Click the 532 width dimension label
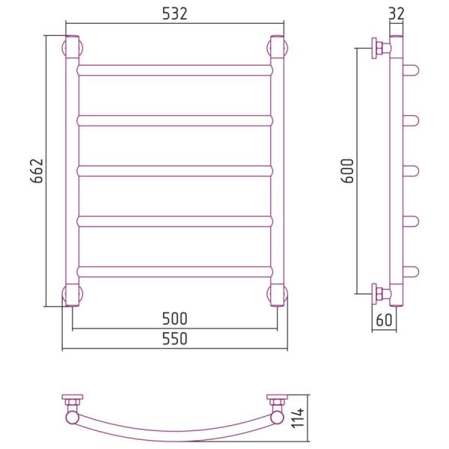tap(174, 13)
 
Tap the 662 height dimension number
tap(37, 171)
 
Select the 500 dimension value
tap(174, 319)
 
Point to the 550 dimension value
tap(174, 338)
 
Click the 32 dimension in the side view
tap(397, 13)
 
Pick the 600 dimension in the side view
tap(347, 171)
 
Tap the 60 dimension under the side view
tap(384, 320)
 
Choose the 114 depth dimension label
tap(298, 418)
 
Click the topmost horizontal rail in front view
tap(174, 70)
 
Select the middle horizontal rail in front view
tap(174, 171)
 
